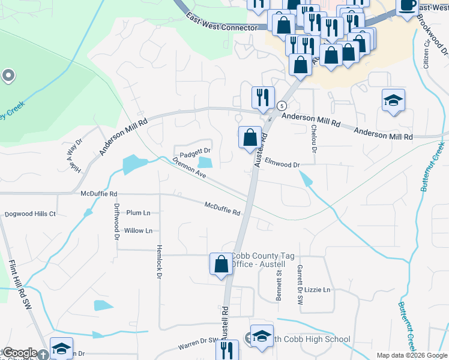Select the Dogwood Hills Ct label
coord(30,214)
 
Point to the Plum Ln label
coord(138,213)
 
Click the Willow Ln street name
coord(138,230)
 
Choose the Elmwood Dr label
coord(282,161)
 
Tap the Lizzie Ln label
coord(318,290)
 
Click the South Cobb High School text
coord(312,340)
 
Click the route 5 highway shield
coord(282,106)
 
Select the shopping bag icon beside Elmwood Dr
coord(250,137)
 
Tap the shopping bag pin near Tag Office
coord(221,263)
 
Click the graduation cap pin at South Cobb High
coord(262,336)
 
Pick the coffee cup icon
coord(408,6)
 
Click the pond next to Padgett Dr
coord(206,162)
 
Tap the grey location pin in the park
coord(8,76)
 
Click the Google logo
coord(20,353)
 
